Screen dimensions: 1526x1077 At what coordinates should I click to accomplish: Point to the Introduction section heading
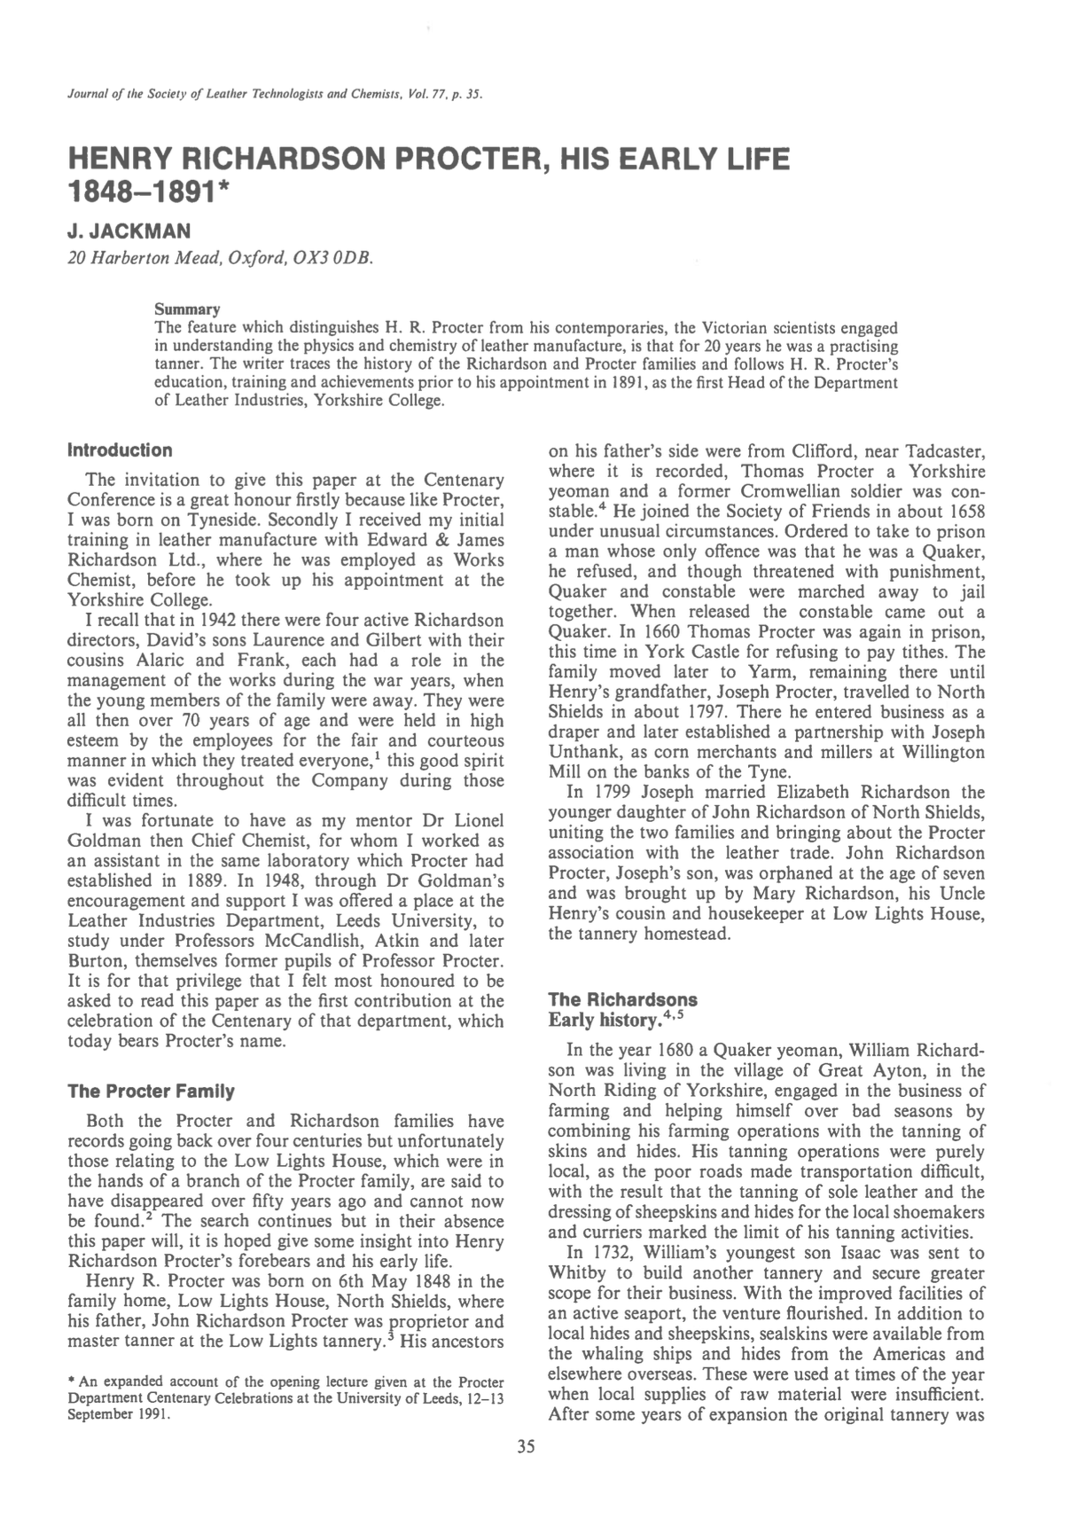click(x=120, y=450)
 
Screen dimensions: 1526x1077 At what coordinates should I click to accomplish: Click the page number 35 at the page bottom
click(x=526, y=1448)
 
